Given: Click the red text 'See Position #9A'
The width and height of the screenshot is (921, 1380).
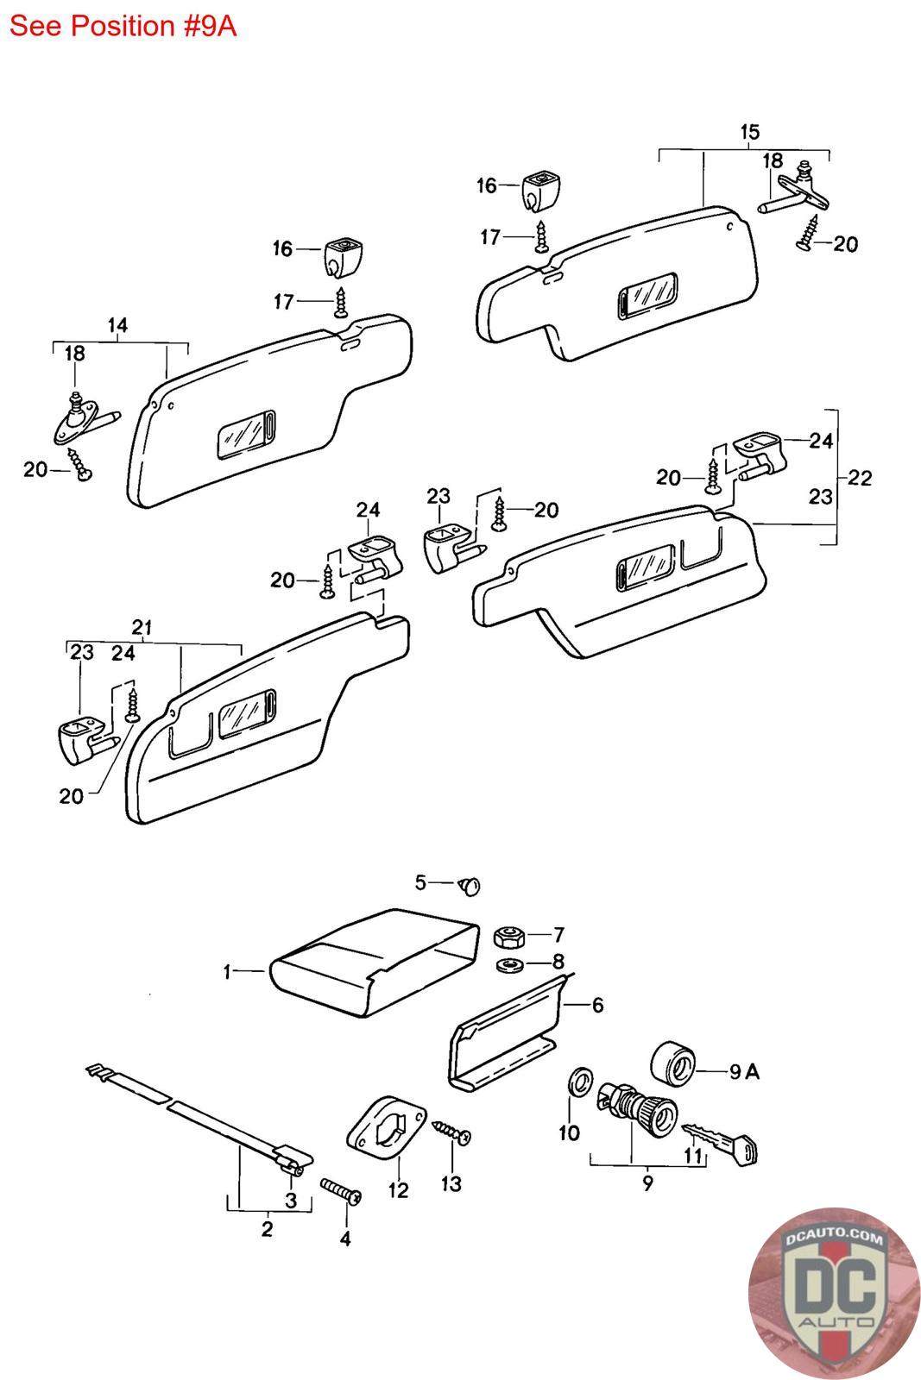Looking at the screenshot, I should [x=123, y=26].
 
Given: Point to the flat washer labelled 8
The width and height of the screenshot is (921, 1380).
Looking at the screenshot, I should [x=509, y=963].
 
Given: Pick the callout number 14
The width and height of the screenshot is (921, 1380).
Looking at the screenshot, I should [x=117, y=325].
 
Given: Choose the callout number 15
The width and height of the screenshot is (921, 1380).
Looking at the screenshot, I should [x=749, y=132].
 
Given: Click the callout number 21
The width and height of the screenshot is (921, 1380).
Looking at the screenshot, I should [x=142, y=627].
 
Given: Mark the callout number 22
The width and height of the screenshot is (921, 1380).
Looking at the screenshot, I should [x=860, y=477].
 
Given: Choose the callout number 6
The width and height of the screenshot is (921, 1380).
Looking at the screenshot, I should [x=596, y=1005].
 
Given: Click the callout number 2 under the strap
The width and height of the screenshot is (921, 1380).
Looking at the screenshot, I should [x=267, y=1228].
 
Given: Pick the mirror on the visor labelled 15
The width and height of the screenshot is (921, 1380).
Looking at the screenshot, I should [x=647, y=295].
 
